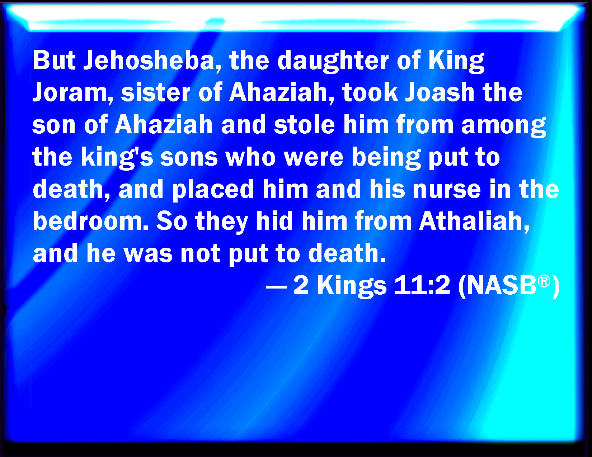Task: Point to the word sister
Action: coord(156,92)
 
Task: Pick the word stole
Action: coord(304,125)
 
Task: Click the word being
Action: coord(386,158)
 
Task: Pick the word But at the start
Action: coord(54,61)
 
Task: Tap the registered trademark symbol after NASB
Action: coord(544,281)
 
